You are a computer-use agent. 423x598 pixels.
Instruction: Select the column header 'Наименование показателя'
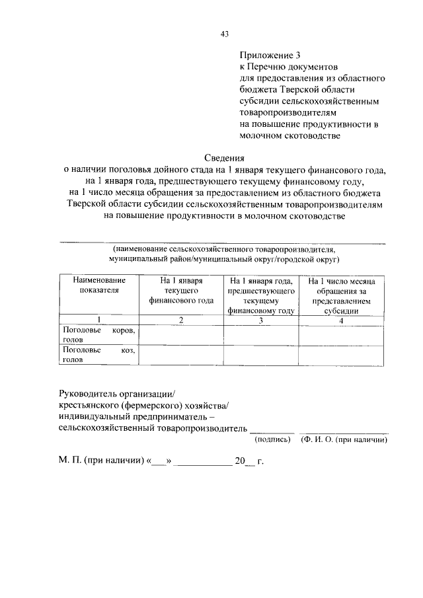pos(98,285)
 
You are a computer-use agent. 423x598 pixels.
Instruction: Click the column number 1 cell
pos(98,320)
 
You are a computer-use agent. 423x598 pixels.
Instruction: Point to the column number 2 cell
pos(181,320)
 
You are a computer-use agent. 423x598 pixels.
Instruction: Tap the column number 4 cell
pos(342,320)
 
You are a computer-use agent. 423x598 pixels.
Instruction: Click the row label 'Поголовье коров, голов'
pos(98,334)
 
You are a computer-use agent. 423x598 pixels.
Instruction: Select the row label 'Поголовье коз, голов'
pos(98,355)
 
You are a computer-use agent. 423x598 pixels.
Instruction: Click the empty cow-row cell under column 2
pos(181,334)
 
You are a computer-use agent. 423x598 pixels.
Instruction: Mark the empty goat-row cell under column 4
pos(342,355)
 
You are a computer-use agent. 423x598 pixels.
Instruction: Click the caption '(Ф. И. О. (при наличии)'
pos(344,439)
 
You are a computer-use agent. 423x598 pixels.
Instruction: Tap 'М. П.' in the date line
pos(69,461)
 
